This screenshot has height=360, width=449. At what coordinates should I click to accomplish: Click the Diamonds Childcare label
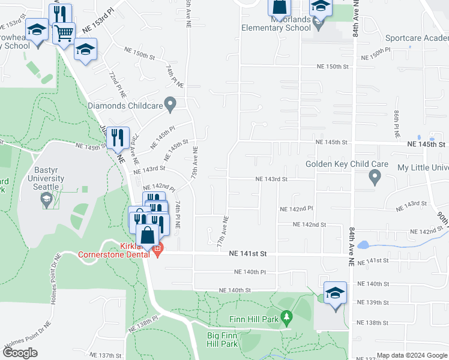pos(125,106)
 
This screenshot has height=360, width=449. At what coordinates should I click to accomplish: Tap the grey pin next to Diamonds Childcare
pos(170,104)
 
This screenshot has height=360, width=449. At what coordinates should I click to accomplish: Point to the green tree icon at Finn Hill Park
pos(287,316)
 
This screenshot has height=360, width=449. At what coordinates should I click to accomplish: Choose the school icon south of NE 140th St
pos(335,293)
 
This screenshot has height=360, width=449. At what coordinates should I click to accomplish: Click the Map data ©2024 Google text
pos(412,355)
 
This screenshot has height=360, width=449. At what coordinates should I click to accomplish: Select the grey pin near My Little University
pos(375,177)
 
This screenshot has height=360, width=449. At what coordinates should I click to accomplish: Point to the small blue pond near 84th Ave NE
pos(363,245)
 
